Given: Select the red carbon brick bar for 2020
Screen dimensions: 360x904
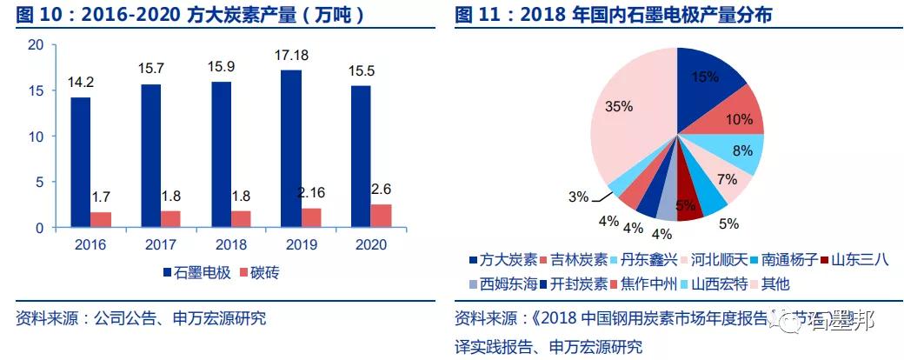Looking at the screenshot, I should click(x=380, y=216).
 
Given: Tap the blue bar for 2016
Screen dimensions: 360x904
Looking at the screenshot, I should click(x=80, y=163).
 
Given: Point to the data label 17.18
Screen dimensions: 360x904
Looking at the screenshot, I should click(x=315, y=56).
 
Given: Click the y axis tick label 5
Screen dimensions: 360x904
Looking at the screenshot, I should click(x=39, y=183).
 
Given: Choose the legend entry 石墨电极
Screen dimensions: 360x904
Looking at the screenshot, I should click(x=196, y=273).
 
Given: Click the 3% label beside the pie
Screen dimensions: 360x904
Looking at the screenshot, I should click(x=578, y=197).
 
